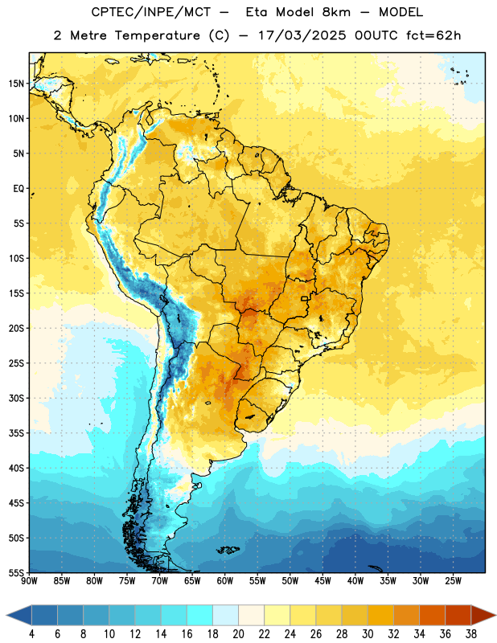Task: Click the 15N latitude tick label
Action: (x=16, y=84)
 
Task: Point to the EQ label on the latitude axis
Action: (x=18, y=189)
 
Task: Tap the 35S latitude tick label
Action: (x=16, y=433)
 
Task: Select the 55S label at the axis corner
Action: (x=16, y=572)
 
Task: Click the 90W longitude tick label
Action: (x=29, y=580)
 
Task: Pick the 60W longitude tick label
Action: (x=225, y=580)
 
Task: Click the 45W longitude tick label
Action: (x=322, y=580)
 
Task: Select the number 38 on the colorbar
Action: (x=471, y=634)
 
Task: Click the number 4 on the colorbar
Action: (x=31, y=634)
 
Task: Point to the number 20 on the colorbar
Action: (x=238, y=634)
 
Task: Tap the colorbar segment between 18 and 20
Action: (x=225, y=615)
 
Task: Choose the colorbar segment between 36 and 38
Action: (x=458, y=615)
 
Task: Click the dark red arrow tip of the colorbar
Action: (x=495, y=615)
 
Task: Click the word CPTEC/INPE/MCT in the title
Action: (x=150, y=12)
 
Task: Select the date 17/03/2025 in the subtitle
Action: (x=302, y=35)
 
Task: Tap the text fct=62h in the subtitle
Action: (x=433, y=35)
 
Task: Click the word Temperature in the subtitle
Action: (x=157, y=35)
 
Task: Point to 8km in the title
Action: (x=336, y=12)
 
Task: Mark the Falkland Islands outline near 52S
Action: (x=228, y=550)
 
